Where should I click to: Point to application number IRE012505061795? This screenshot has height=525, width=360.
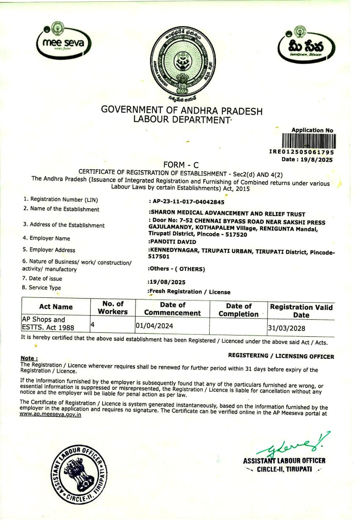(301, 152)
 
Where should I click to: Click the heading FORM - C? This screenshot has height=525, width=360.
(181, 165)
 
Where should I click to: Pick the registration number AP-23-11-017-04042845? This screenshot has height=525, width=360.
(189, 202)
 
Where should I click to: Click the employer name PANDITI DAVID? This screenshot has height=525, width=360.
(173, 242)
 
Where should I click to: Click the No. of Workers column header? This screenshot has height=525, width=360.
(113, 308)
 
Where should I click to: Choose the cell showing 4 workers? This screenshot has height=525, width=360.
(93, 325)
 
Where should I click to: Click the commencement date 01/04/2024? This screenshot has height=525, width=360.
(154, 326)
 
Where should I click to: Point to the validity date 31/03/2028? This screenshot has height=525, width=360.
(286, 328)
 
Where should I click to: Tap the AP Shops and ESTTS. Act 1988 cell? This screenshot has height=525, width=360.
(48, 324)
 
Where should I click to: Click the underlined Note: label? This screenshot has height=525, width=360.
(29, 358)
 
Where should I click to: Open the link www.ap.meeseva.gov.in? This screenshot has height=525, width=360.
(50, 414)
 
